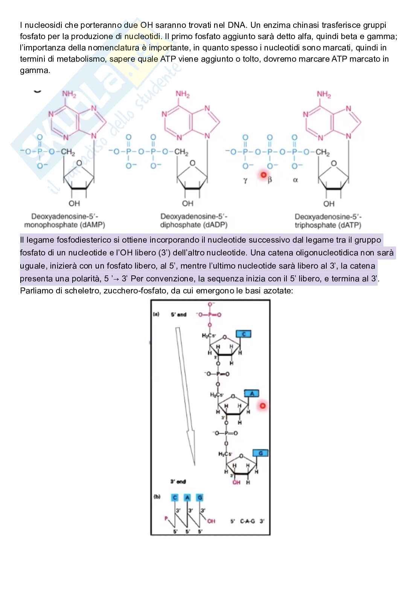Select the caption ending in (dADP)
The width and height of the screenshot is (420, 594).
194,221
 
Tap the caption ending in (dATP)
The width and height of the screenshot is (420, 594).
328,221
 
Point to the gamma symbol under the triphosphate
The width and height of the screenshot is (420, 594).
245,180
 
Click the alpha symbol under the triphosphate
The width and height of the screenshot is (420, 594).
295,180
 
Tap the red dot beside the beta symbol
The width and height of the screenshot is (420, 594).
263,175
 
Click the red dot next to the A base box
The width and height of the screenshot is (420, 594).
263,406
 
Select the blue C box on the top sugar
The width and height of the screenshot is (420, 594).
243,333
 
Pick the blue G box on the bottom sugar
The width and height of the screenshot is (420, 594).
260,453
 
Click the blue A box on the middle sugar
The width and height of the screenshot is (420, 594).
252,393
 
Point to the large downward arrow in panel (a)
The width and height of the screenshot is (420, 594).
186,395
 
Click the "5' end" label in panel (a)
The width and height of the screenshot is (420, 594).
179,314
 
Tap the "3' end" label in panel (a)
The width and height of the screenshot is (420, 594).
178,482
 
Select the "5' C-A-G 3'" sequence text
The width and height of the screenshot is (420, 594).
247,521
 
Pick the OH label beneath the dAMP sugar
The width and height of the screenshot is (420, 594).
74,204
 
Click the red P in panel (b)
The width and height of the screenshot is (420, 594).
166,518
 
